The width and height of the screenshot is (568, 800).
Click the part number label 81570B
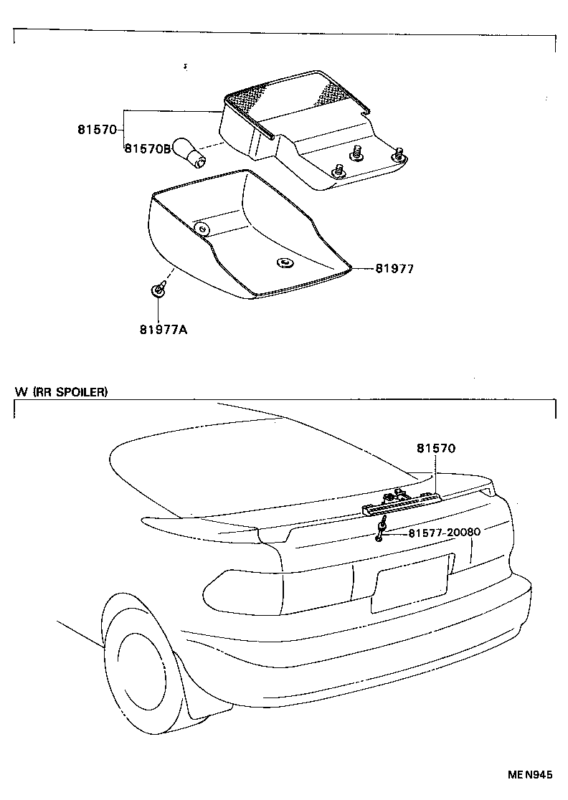[x=147, y=148]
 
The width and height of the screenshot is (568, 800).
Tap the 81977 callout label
[x=394, y=269]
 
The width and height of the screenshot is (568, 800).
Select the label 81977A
[x=164, y=330]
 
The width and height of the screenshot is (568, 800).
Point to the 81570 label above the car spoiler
[x=435, y=449]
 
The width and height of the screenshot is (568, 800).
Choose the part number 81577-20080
[x=444, y=533]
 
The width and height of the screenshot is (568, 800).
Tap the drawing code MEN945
[x=531, y=775]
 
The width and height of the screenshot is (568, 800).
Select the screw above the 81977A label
[x=158, y=290]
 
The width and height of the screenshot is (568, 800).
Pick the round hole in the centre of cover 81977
[x=285, y=263]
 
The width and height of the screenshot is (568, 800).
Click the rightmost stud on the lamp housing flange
[x=399, y=155]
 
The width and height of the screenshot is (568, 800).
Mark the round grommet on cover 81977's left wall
[x=203, y=229]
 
